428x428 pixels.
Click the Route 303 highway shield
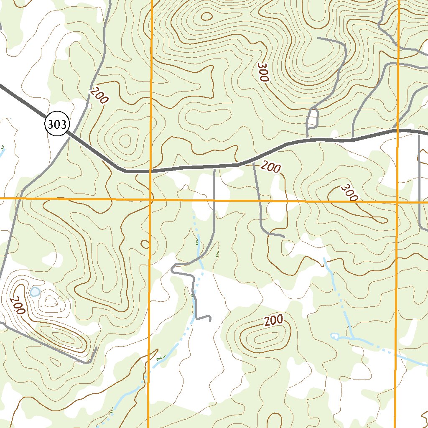(x=56, y=124)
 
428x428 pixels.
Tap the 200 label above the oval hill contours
(x=274, y=321)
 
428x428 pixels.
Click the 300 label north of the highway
(x=263, y=73)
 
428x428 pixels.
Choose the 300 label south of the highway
(x=349, y=192)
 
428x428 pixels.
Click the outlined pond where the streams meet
(x=335, y=336)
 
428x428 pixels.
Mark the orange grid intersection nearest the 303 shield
(x=150, y=200)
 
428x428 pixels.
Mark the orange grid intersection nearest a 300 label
(x=397, y=201)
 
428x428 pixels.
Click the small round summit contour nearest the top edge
(x=206, y=16)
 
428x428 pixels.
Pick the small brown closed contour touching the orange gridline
(x=145, y=244)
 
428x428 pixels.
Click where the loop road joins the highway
(x=308, y=138)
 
